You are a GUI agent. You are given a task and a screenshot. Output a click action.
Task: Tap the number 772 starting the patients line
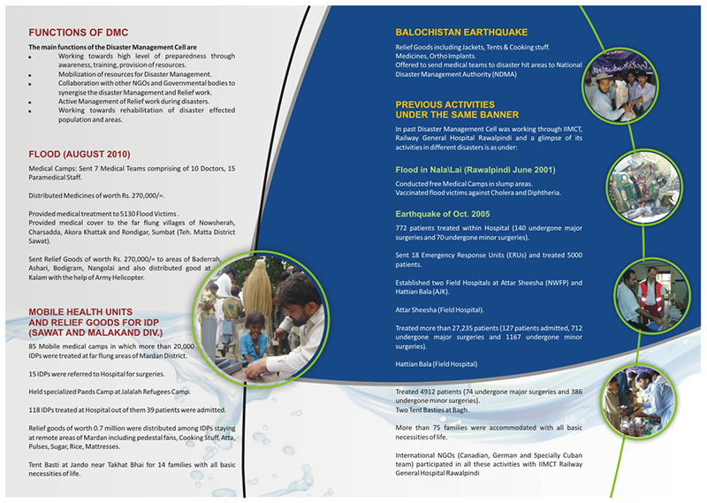(403, 229)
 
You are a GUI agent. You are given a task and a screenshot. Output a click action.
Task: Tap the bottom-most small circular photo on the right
(635, 396)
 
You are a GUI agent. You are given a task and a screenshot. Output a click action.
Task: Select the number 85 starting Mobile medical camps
(34, 346)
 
